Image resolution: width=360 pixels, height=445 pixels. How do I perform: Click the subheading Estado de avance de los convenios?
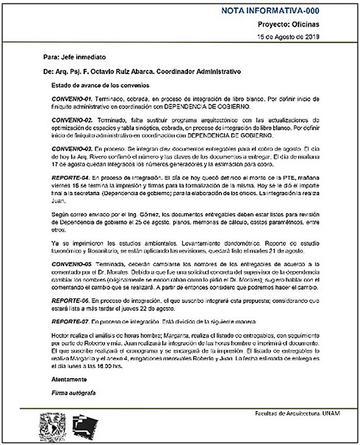[100, 84]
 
